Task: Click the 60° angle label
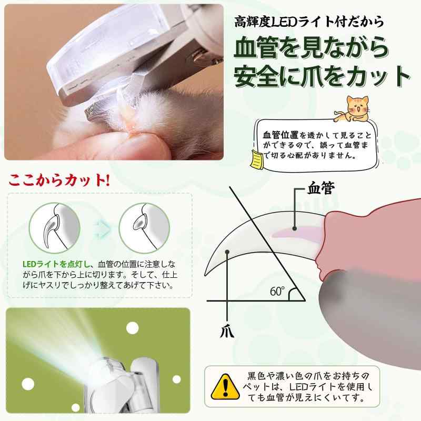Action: pyautogui.click(x=278, y=290)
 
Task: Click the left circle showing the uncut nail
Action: pyautogui.click(x=52, y=226)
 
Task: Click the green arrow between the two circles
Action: pyautogui.click(x=98, y=226)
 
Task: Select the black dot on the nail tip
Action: pyautogui.click(x=227, y=252)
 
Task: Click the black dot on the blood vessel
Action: pyautogui.click(x=295, y=227)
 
